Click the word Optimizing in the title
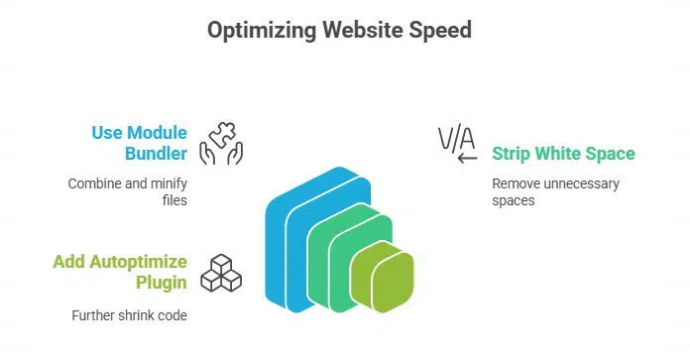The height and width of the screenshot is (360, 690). (262, 31)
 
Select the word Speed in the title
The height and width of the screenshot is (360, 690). (440, 31)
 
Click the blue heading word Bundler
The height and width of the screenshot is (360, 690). (156, 154)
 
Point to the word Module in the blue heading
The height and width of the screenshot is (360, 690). (157, 133)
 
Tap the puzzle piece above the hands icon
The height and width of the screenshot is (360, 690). (223, 134)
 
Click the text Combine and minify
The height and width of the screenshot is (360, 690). (128, 183)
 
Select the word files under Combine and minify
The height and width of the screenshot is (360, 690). (174, 200)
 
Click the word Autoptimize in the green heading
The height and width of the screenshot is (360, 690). (138, 262)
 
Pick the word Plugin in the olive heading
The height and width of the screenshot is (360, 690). (161, 283)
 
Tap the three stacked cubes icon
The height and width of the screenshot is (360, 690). (221, 274)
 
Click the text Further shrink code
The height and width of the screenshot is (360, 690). (129, 315)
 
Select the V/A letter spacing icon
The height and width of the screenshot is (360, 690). (457, 138)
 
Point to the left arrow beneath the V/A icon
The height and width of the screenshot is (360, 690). (467, 158)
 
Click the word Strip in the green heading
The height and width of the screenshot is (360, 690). (511, 154)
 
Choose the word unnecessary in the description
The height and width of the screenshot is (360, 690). (581, 183)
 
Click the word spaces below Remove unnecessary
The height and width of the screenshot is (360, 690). (514, 201)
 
